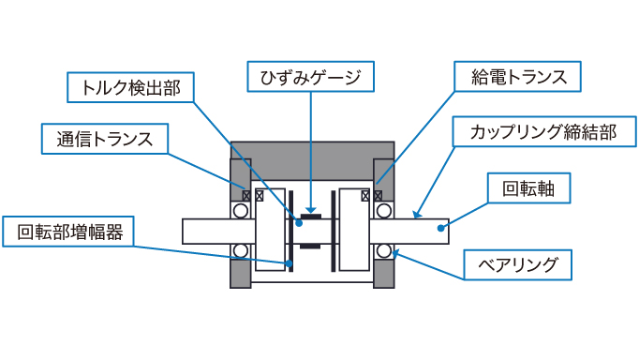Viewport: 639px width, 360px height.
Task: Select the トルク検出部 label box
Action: tap(130, 88)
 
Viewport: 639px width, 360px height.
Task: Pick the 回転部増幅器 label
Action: tap(68, 232)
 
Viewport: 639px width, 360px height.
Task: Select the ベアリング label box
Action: tap(519, 265)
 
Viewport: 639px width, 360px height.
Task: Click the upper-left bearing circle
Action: tap(241, 212)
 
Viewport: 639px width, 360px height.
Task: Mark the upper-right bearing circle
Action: tap(385, 212)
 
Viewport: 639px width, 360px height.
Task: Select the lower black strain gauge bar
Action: tap(311, 247)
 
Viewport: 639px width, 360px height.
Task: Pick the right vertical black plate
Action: tap(331, 230)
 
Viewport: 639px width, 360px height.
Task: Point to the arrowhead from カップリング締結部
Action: tap(413, 217)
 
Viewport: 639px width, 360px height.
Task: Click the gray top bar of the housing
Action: tap(312, 150)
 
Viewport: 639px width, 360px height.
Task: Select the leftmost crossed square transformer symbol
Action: tap(245, 196)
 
